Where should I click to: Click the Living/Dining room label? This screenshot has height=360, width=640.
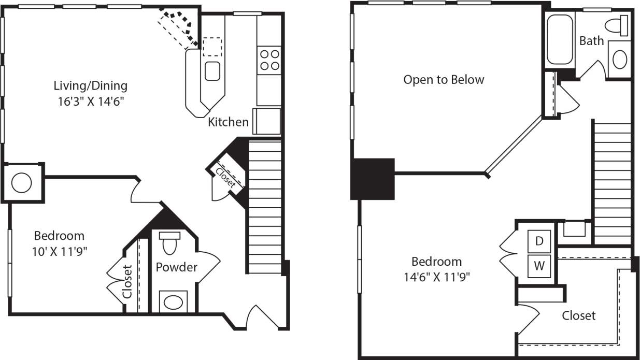click(91, 85)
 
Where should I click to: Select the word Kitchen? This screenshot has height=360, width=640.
click(228, 122)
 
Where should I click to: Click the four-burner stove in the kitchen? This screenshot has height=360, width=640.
click(269, 59)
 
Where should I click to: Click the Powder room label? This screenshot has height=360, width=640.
click(177, 267)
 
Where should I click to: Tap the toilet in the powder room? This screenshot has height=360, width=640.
click(169, 242)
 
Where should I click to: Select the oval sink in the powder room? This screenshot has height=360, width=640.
click(173, 301)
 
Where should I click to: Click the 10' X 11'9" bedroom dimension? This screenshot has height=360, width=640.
click(59, 251)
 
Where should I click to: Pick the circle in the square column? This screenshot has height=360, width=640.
click(22, 182)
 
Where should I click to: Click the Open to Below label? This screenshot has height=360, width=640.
click(444, 80)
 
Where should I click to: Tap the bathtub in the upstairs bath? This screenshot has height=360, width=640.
click(560, 39)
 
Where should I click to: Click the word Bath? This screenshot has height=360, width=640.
click(592, 40)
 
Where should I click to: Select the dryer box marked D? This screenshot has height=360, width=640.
click(539, 241)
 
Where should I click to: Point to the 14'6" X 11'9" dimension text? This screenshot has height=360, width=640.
click(436, 277)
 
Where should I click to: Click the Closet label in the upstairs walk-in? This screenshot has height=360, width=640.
click(578, 315)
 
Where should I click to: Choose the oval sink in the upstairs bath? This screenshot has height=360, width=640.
click(620, 60)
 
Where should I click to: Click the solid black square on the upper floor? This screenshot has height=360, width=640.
click(373, 179)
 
